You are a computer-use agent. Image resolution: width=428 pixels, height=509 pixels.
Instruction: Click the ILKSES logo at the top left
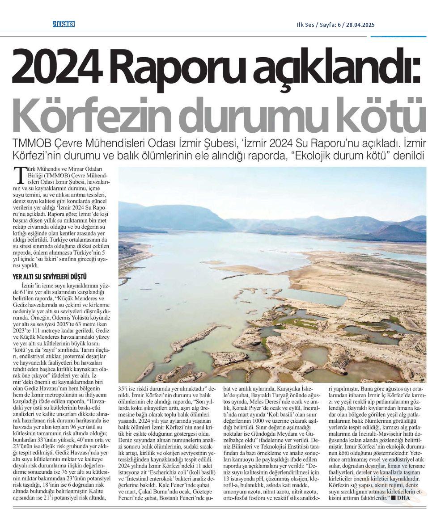pyautogui.click(x=63, y=24)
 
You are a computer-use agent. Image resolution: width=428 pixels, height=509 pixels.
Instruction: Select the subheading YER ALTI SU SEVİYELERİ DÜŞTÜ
pyautogui.click(x=49, y=277)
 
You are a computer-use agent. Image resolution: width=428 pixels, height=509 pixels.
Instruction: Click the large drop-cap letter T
pyautogui.click(x=18, y=175)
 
